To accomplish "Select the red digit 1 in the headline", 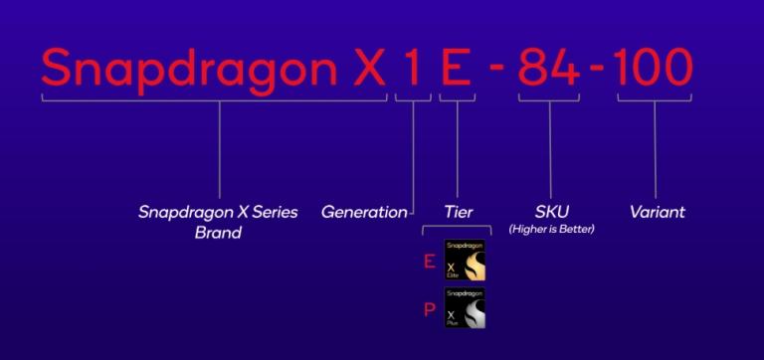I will tap(413, 68).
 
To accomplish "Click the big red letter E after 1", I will tap(455, 68).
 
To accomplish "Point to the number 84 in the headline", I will tap(548, 68).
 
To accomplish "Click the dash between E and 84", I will tap(497, 71).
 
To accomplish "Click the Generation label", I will tap(364, 212).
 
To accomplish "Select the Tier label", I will tap(459, 212).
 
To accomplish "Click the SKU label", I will tap(551, 212).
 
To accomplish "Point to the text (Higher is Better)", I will tap(551, 230).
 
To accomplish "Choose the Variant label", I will tap(658, 212).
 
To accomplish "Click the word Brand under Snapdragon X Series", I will tap(218, 234).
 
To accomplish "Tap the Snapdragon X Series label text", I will tap(218, 212).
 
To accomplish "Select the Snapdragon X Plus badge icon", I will tap(465, 308).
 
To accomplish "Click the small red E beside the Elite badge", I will tap(429, 263).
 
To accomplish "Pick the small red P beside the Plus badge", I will tap(430, 310).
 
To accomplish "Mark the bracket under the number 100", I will tap(653, 98).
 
